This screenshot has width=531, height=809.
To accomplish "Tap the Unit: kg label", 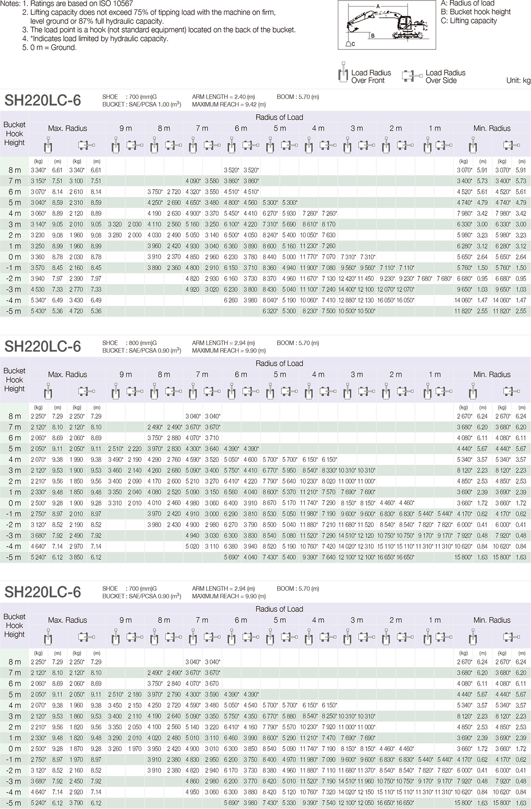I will (518, 80).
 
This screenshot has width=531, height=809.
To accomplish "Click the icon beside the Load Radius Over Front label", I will (343, 75).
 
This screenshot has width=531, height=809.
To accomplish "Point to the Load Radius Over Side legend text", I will (445, 76).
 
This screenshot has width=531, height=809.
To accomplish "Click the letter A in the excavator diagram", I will (378, 6).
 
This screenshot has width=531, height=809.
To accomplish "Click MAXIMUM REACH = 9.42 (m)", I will (229, 104).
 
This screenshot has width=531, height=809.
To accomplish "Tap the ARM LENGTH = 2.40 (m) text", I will (223, 97).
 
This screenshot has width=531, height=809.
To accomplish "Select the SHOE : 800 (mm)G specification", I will (129, 343).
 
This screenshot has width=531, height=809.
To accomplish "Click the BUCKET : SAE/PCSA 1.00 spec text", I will (142, 104).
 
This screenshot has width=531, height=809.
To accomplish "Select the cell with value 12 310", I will (366, 546).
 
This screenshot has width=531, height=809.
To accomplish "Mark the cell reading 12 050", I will (366, 803).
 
